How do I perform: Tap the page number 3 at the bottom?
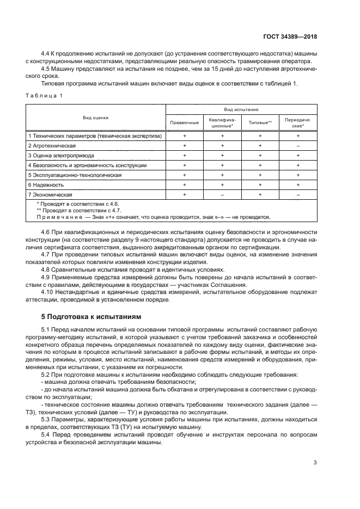coord(315,463)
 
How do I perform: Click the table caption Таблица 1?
coord(44,96)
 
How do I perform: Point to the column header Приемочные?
coord(185,122)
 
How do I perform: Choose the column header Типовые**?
coord(260,122)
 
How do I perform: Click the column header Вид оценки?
coord(95,117)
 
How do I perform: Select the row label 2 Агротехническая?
coord(52,146)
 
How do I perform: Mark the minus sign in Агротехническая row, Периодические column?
coord(298,146)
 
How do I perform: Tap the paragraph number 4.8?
coord(47,269)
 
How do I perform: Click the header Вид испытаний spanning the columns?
coord(241,109)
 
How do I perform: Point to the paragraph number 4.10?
coord(48,292)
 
